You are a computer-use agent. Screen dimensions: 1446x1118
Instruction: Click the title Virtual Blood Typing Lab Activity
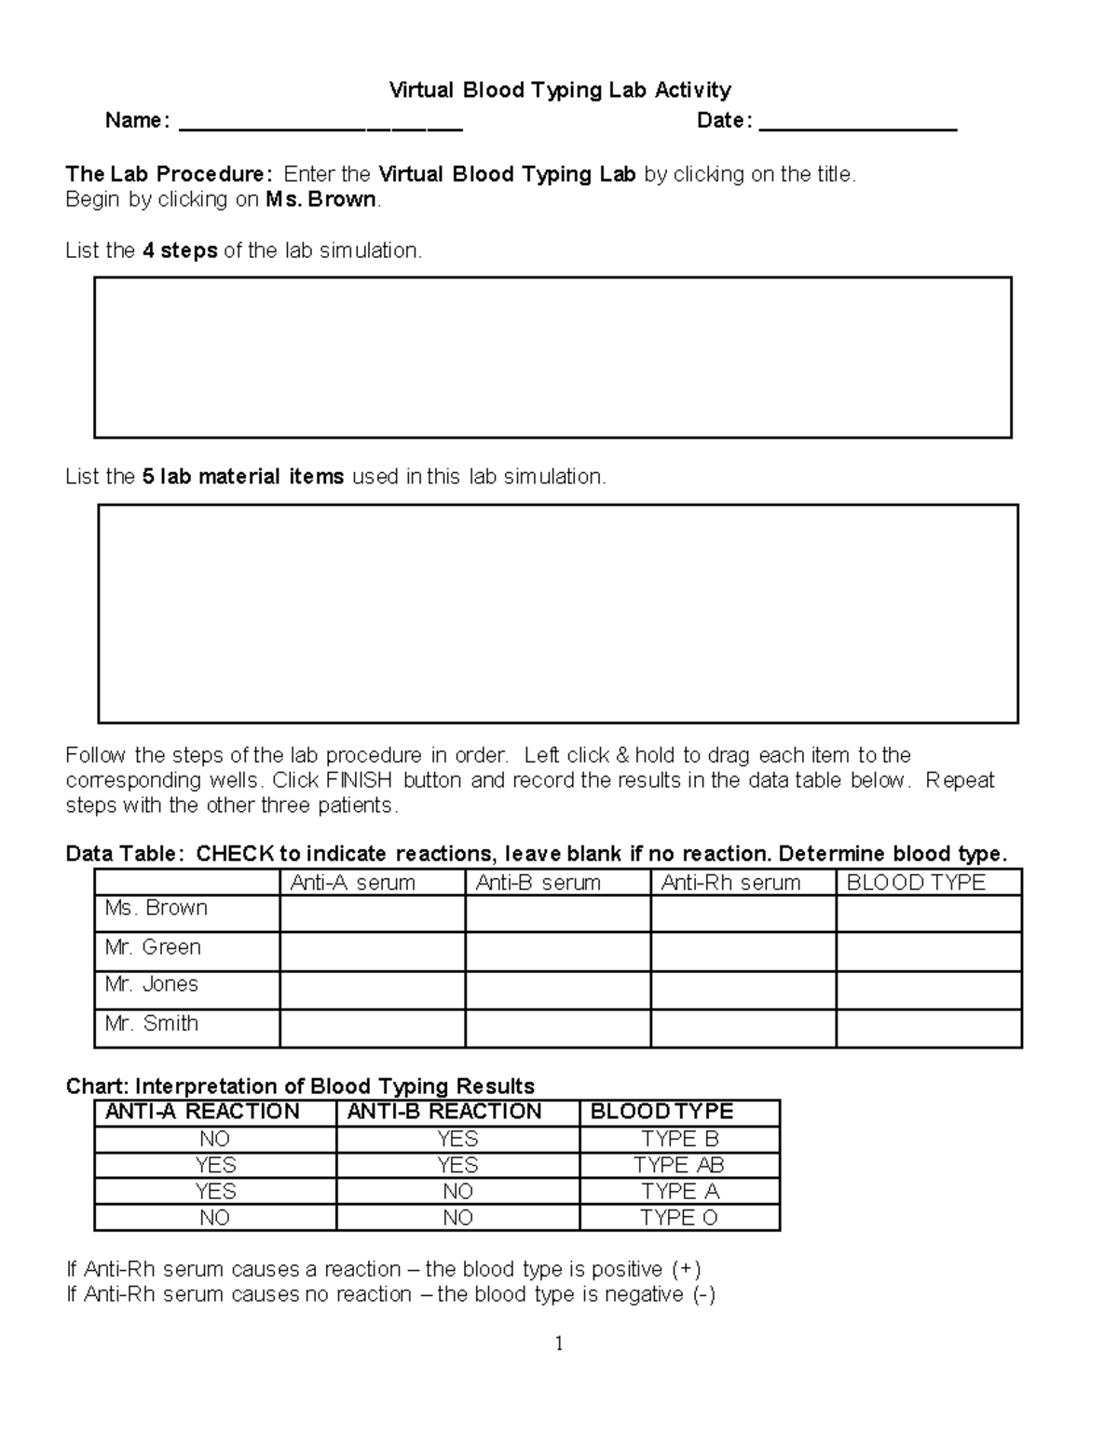coord(559,90)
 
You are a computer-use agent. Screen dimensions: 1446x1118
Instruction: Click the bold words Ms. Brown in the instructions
coord(321,199)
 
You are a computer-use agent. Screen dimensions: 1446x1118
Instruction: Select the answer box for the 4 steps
coord(552,357)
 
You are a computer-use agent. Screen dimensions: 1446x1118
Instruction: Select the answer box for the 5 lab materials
coord(557,614)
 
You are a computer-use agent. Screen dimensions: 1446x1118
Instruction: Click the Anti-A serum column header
coord(353,883)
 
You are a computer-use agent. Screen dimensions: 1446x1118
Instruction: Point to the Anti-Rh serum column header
coord(730,883)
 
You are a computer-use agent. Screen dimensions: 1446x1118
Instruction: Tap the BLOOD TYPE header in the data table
coord(915,883)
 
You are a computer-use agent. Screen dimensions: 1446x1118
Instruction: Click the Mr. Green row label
coord(153,947)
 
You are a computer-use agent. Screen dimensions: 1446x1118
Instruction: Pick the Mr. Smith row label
coord(152,1023)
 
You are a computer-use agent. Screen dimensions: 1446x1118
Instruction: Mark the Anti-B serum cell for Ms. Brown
coord(557,913)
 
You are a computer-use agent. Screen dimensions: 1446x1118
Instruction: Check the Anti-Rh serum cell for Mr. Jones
coord(743,990)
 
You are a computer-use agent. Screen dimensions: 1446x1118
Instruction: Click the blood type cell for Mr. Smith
coord(928,1028)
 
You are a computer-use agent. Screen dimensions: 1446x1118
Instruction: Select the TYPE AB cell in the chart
coord(679,1165)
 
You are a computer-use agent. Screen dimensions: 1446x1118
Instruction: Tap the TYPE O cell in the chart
coord(679,1218)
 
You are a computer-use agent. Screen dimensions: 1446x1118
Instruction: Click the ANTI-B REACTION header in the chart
coord(444,1112)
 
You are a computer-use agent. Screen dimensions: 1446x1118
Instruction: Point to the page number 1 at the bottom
coord(559,1343)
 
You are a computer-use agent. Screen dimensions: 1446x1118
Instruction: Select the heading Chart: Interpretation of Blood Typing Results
coord(300,1087)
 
